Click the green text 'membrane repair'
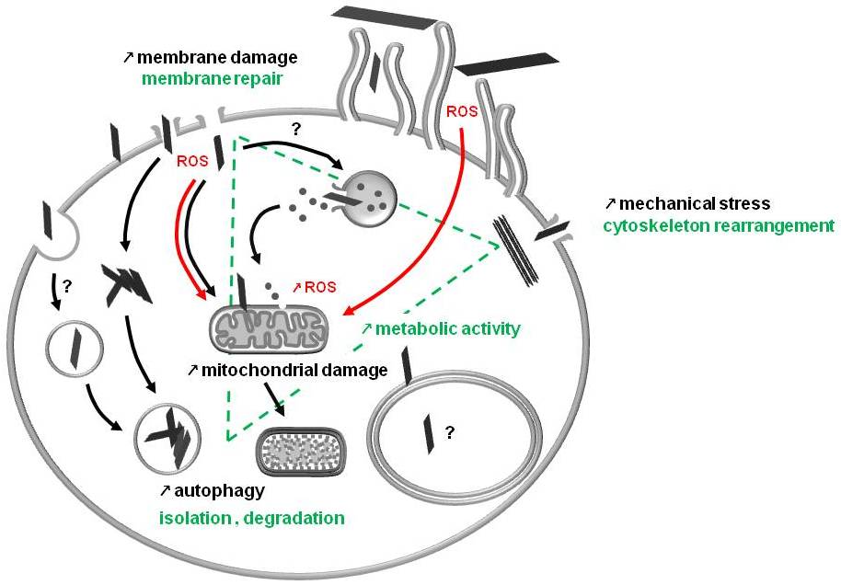(x=213, y=79)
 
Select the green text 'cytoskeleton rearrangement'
(x=719, y=225)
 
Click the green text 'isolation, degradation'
(x=251, y=518)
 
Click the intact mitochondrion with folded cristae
(x=268, y=329)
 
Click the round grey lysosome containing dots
(x=369, y=200)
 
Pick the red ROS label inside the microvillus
(x=462, y=111)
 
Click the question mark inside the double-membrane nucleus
(x=449, y=432)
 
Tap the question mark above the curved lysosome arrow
(x=294, y=129)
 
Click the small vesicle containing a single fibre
(x=75, y=350)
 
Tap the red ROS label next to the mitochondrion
(x=320, y=287)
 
